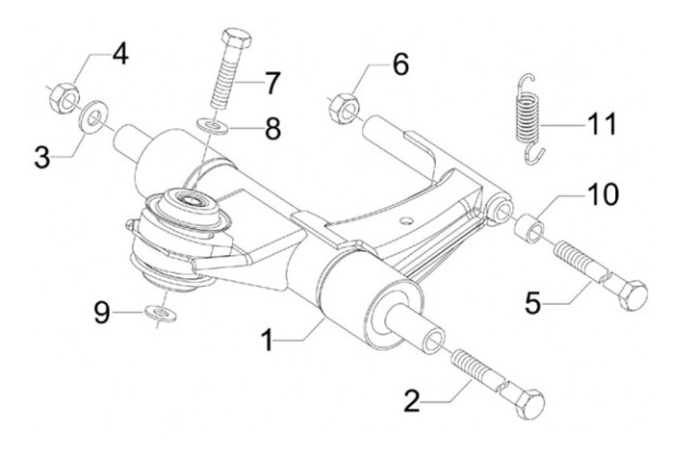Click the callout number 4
pyautogui.click(x=120, y=55)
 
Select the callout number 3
pyautogui.click(x=42, y=158)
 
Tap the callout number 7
pyautogui.click(x=271, y=83)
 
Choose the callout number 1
pyautogui.click(x=267, y=342)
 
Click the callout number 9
pyautogui.click(x=102, y=314)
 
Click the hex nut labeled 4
pyautogui.click(x=64, y=97)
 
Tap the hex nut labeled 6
pyautogui.click(x=344, y=109)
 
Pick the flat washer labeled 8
pyautogui.click(x=213, y=126)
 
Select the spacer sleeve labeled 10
pyautogui.click(x=529, y=228)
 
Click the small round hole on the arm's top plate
pyautogui.click(x=407, y=220)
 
